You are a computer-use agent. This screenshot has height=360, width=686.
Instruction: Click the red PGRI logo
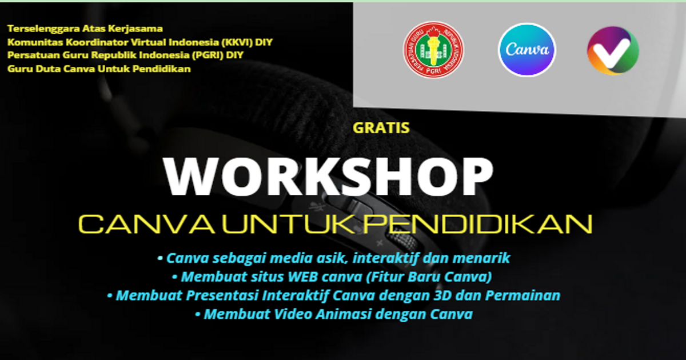point(434,50)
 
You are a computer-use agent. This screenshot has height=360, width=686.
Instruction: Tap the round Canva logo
point(527,50)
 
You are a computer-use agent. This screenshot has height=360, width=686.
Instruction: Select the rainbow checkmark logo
point(613,50)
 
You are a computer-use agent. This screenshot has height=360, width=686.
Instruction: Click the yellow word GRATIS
point(381,127)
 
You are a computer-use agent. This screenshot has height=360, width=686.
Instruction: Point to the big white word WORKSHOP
point(329,174)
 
